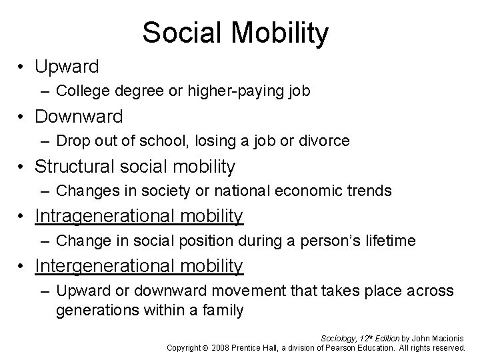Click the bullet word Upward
67,67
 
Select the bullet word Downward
79,117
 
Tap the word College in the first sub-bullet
79,91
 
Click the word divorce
326,141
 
